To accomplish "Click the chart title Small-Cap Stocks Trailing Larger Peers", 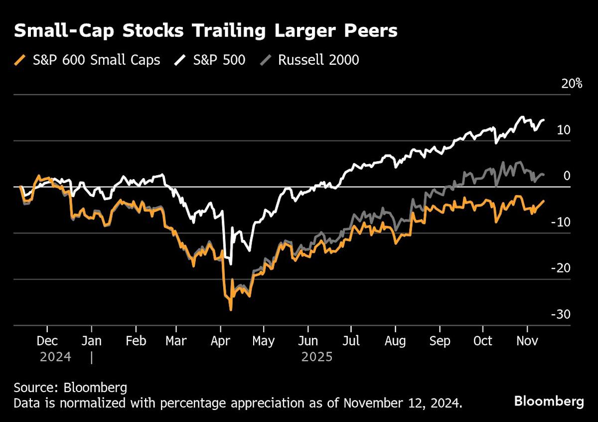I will pos(205,31).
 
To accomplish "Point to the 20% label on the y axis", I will pos(572,83).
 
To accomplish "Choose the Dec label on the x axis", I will pos(47,341).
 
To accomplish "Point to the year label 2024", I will pos(55,357).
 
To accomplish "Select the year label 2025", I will pos(317,357).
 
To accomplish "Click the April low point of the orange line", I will pos(231,310).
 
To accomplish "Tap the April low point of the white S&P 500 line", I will pos(231,264).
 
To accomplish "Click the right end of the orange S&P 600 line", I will pos(544,201).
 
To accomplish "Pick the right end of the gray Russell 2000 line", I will pos(544,175).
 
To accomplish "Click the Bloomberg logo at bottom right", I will pos(549,401).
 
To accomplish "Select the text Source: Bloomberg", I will pos(70,388).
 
